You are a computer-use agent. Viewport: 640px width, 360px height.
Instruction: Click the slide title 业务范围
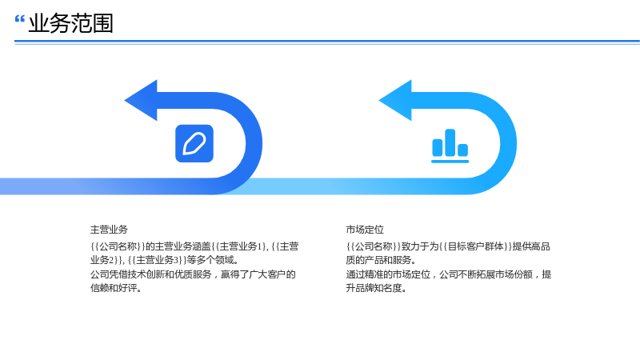click(x=70, y=23)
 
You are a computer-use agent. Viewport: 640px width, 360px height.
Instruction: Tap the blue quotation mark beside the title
click(x=19, y=19)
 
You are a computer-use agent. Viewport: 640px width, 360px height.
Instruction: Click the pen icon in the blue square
click(x=194, y=143)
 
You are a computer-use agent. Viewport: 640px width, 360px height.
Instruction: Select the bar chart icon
click(x=450, y=146)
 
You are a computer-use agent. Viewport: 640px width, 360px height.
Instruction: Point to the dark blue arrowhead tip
click(x=125, y=100)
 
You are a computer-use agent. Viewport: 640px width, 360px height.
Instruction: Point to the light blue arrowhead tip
click(x=379, y=100)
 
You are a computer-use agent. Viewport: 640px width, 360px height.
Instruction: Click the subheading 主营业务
click(x=109, y=230)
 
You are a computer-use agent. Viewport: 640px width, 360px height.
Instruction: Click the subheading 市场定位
click(x=365, y=230)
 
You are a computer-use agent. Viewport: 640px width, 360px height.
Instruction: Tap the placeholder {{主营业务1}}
click(x=239, y=246)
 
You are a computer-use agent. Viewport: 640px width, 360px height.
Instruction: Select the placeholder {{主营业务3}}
click(x=157, y=260)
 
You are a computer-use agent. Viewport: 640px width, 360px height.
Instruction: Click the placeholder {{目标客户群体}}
click(x=475, y=246)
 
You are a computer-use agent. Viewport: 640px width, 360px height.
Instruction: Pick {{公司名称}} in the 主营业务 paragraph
click(x=118, y=246)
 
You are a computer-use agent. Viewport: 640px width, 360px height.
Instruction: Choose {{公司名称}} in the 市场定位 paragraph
click(x=374, y=246)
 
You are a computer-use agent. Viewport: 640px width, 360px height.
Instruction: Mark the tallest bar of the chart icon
click(x=450, y=142)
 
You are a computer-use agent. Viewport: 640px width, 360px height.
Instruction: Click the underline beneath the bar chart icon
click(x=450, y=162)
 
